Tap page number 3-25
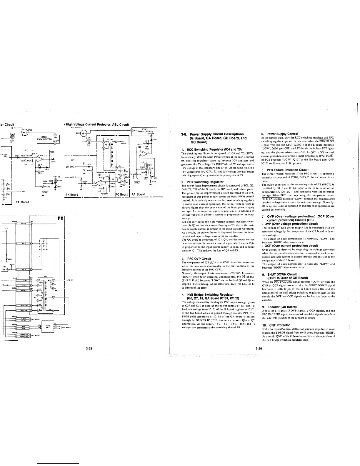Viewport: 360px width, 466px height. (x=89, y=349)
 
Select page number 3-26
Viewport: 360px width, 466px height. (x=259, y=349)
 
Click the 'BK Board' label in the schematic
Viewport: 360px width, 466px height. (x=71, y=194)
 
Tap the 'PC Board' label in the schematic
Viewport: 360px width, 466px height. (x=121, y=194)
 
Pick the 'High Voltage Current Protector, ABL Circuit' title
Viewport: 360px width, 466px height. (x=97, y=124)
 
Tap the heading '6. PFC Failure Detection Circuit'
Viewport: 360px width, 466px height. (x=285, y=170)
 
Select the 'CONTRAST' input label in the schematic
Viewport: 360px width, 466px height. (x=69, y=177)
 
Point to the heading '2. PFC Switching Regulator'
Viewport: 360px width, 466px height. (x=203, y=182)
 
